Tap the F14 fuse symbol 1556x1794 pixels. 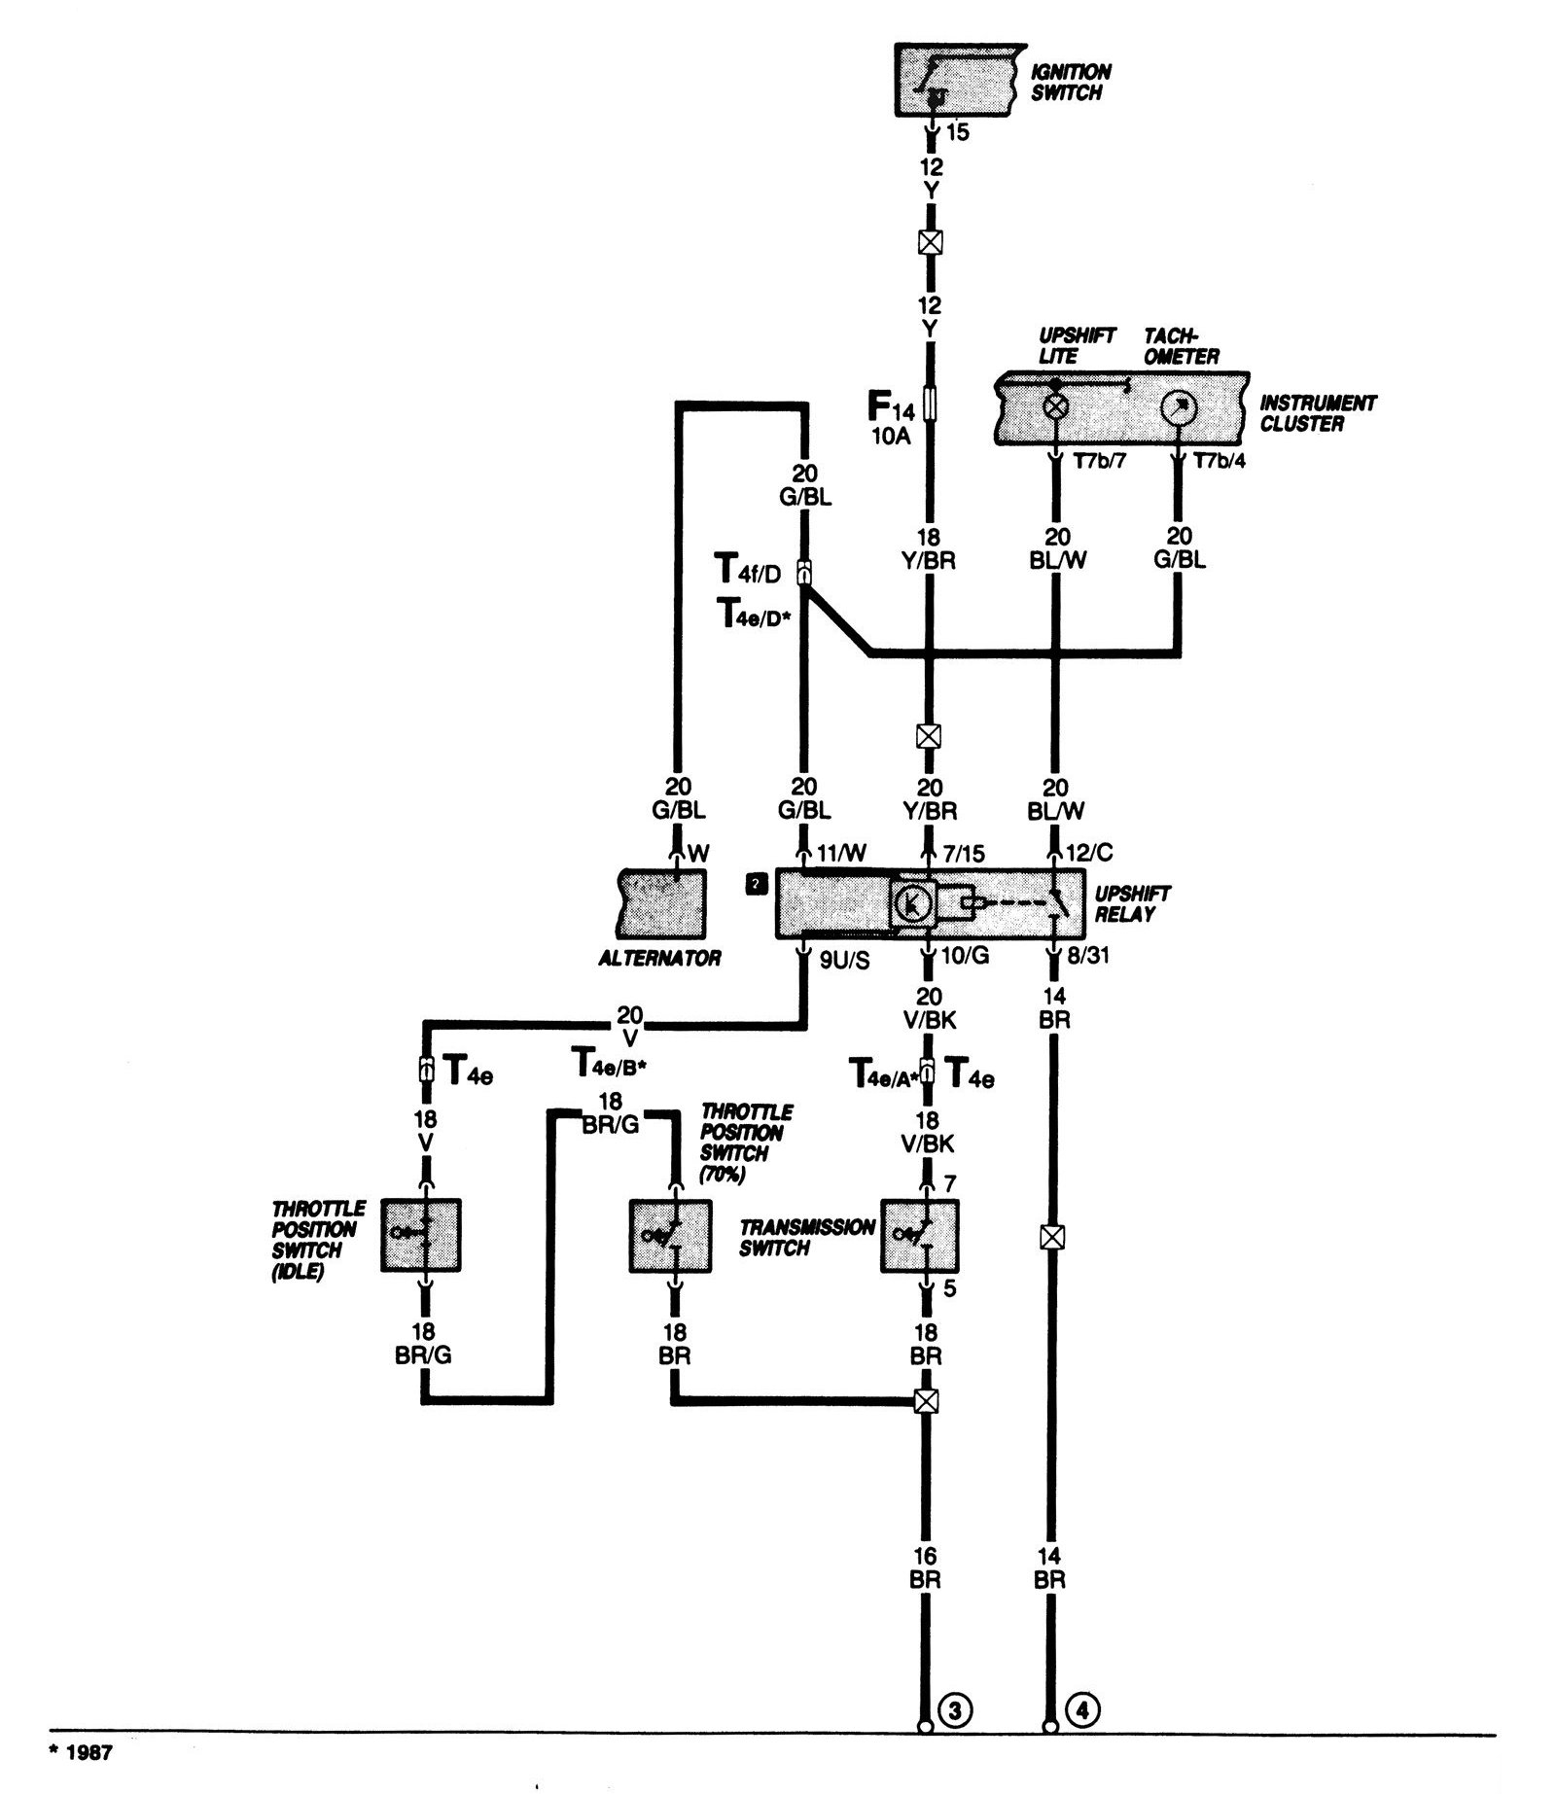pos(931,403)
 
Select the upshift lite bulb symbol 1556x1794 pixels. pos(1056,407)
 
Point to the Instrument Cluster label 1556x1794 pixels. pos(1318,412)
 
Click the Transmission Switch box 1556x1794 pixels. pos(919,1236)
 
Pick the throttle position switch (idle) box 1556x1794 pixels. pos(420,1235)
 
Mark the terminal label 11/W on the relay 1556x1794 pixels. pos(840,854)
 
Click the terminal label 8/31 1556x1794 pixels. pos(1088,957)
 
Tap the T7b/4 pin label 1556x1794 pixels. pos(1219,461)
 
